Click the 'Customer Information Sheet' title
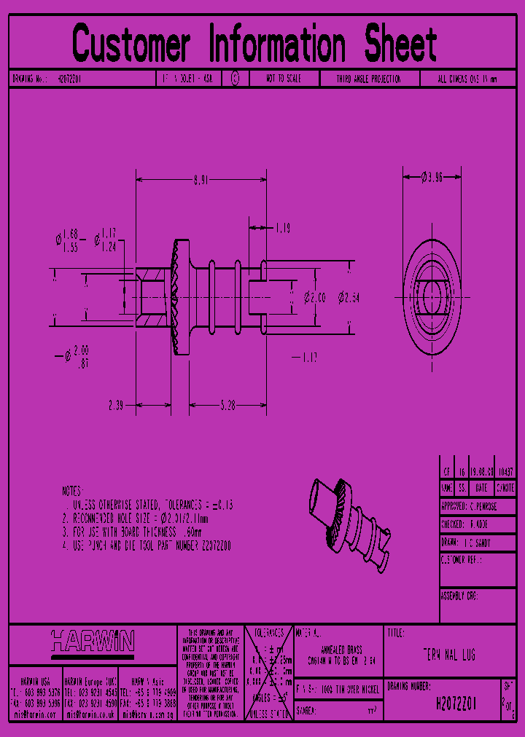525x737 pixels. [254, 44]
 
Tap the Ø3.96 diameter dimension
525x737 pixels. [432, 176]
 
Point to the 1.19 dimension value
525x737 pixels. [282, 229]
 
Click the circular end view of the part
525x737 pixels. [432, 297]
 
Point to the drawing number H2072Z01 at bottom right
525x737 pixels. [455, 704]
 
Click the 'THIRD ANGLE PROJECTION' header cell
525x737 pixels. [368, 79]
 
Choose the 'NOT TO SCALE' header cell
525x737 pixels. [283, 79]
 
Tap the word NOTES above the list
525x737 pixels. [73, 492]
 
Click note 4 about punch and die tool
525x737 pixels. [147, 545]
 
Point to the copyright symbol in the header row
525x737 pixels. [235, 79]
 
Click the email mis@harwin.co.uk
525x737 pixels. [90, 715]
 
